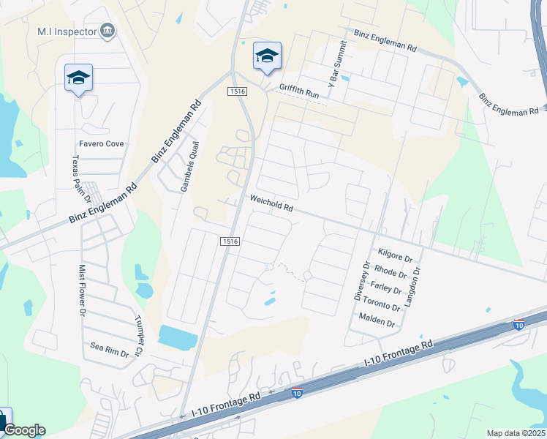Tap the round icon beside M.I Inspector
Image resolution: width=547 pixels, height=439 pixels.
(x=108, y=30)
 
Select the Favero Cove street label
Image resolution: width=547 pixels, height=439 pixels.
(x=101, y=144)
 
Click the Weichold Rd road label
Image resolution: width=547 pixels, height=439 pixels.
(x=271, y=203)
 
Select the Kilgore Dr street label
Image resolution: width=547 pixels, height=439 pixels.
(x=395, y=255)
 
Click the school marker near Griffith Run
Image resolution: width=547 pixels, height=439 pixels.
(x=267, y=56)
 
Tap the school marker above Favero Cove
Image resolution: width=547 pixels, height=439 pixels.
(x=78, y=78)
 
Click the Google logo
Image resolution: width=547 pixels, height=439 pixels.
(x=25, y=430)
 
